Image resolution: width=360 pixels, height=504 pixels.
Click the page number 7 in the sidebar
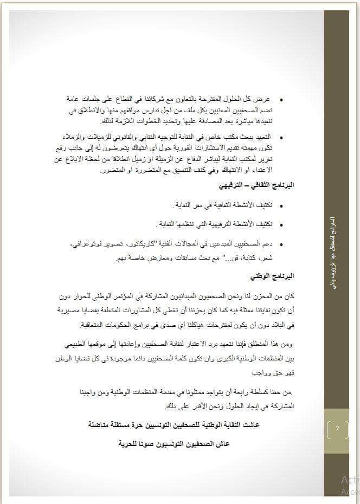[x=337, y=429]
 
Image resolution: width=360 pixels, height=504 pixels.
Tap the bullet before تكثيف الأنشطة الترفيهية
[x=281, y=224]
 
